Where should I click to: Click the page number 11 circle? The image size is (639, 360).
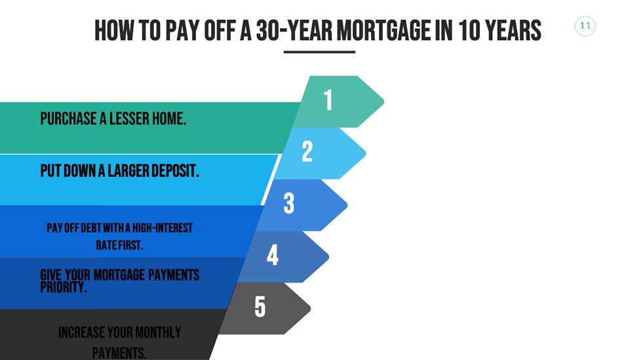click(585, 26)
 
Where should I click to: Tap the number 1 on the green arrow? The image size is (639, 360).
click(328, 100)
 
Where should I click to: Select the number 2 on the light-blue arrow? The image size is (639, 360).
click(307, 152)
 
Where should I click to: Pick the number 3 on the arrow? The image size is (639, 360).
click(289, 204)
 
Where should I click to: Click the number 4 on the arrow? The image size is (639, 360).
click(273, 256)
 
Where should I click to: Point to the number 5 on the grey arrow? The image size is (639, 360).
click(260, 307)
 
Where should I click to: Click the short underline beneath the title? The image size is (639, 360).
click(319, 52)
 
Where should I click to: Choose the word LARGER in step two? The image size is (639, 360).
click(119, 171)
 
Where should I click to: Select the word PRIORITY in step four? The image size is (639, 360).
click(63, 287)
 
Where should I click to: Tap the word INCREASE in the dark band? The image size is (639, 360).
click(81, 332)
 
